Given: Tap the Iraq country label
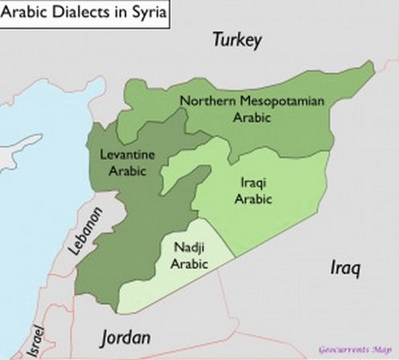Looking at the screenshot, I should pyautogui.click(x=345, y=268).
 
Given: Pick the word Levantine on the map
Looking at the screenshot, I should pyautogui.click(x=127, y=155).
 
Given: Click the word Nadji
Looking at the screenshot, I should pyautogui.click(x=189, y=249).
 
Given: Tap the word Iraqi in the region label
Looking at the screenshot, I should pyautogui.click(x=251, y=180).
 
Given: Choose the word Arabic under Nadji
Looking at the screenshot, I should pyautogui.click(x=190, y=264).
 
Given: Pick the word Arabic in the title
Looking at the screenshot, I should pyautogui.click(x=27, y=13).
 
